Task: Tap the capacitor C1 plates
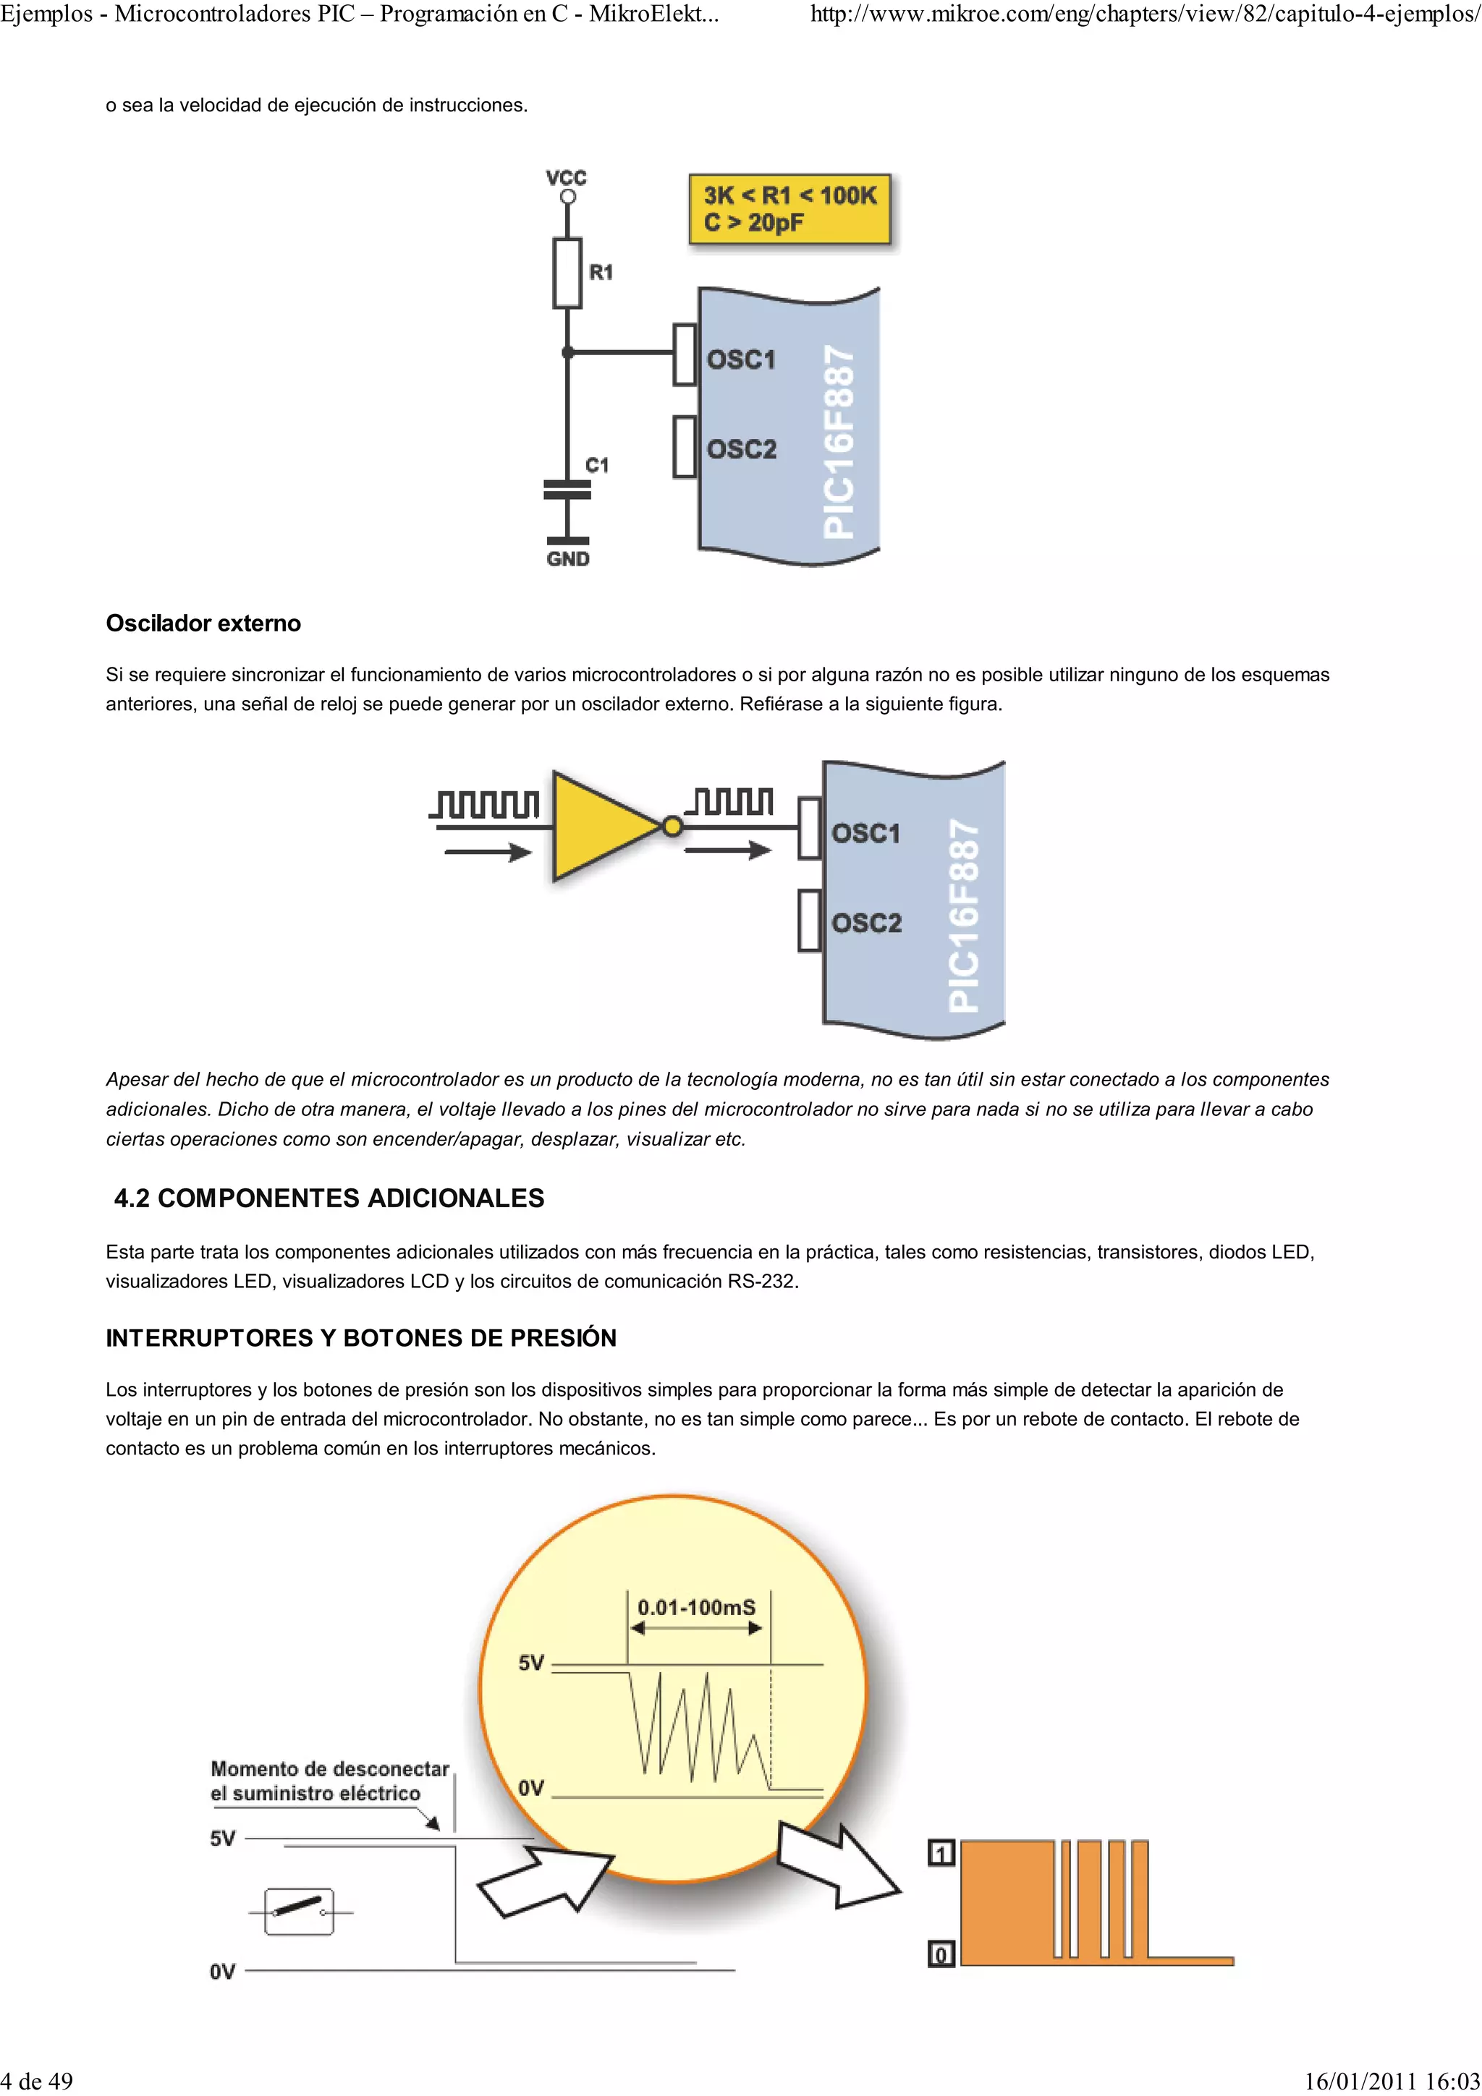(567, 490)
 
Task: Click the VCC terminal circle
(567, 196)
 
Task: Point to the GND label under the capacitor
(568, 558)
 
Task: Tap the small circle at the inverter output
(672, 827)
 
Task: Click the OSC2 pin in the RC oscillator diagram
(685, 446)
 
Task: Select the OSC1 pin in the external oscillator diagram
(809, 828)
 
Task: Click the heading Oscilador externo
(203, 623)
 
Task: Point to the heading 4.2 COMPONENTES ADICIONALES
(329, 1198)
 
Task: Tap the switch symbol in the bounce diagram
(299, 1911)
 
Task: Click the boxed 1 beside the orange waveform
(941, 1853)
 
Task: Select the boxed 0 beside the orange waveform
(941, 1954)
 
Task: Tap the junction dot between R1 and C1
(567, 352)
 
